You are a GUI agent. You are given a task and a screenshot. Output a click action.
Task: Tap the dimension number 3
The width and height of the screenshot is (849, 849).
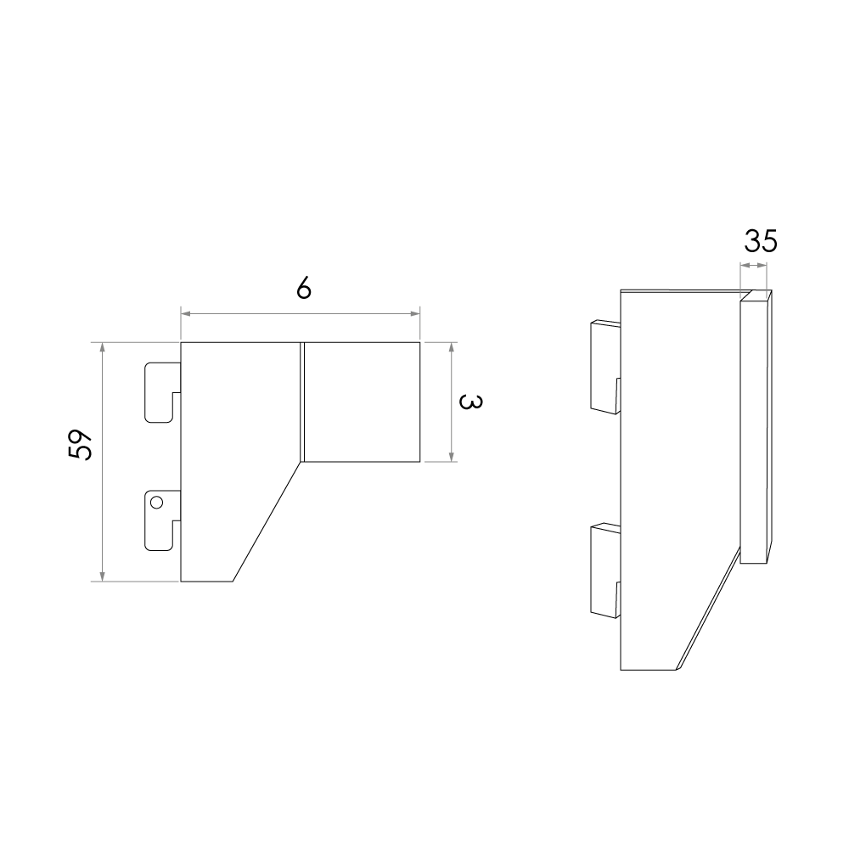(470, 402)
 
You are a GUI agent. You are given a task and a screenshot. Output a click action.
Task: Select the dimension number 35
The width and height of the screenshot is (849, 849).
(760, 241)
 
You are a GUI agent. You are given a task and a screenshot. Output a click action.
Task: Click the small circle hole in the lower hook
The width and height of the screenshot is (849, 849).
(156, 503)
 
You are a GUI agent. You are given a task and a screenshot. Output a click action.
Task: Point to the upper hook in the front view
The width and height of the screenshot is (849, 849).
(162, 392)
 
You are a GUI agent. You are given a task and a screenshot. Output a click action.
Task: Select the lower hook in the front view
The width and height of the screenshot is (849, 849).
(162, 520)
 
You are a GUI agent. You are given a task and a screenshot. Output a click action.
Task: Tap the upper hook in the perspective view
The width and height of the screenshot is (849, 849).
(605, 367)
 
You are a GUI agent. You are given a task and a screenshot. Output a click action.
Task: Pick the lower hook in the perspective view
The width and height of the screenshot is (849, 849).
(605, 571)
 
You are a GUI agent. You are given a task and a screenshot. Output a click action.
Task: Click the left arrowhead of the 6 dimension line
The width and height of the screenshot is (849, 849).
(185, 313)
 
